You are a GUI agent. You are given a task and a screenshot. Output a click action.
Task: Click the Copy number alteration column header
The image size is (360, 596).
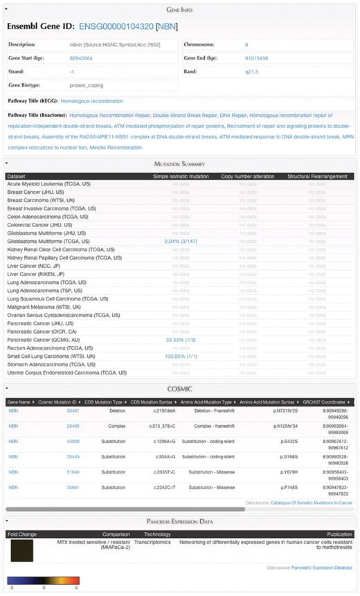pos(246,175)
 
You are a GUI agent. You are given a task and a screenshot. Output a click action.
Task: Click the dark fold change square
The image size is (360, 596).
pos(22,552)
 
